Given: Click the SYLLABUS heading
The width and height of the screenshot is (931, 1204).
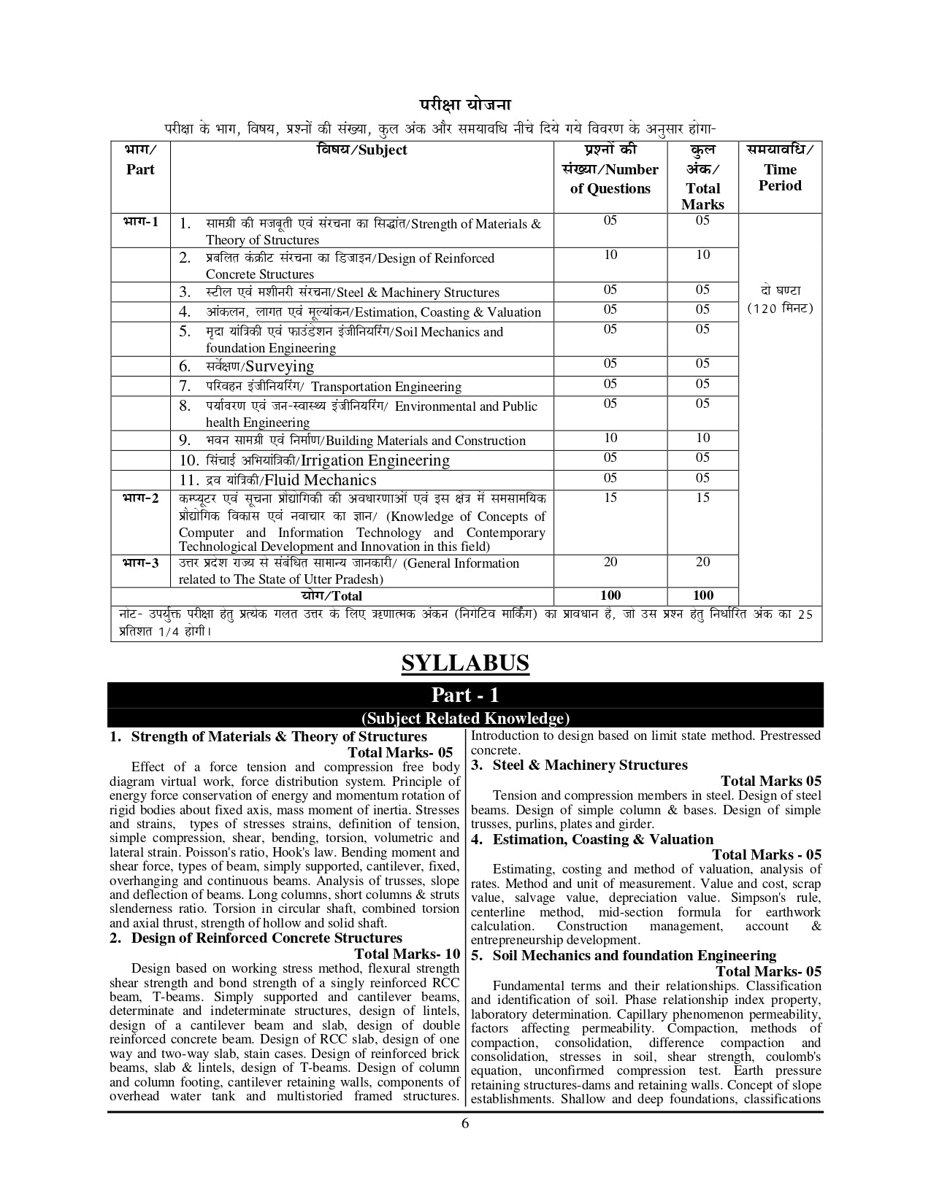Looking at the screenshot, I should tap(465, 663).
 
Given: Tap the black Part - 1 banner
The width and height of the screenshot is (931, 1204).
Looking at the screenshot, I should tap(465, 695).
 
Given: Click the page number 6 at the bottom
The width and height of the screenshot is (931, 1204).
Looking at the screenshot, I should tap(465, 1123).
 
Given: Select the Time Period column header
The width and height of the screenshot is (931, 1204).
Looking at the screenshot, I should tap(780, 177).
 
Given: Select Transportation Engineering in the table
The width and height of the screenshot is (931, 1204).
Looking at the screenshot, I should tap(386, 387).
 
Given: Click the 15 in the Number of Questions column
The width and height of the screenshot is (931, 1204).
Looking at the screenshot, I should tap(610, 498).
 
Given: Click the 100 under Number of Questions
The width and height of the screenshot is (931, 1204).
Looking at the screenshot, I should tap(610, 595).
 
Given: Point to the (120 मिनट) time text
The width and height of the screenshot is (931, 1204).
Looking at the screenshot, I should tap(780, 308).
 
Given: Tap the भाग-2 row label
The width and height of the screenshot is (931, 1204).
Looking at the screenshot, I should tap(140, 498).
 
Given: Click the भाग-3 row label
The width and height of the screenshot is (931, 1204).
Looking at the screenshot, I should tap(140, 562).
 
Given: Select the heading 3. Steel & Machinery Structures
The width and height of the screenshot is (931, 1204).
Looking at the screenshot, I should tap(579, 765).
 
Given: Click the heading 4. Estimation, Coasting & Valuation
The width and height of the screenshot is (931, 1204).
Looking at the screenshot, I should tap(592, 839).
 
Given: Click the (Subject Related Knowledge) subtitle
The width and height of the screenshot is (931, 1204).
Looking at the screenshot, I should tap(465, 718).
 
